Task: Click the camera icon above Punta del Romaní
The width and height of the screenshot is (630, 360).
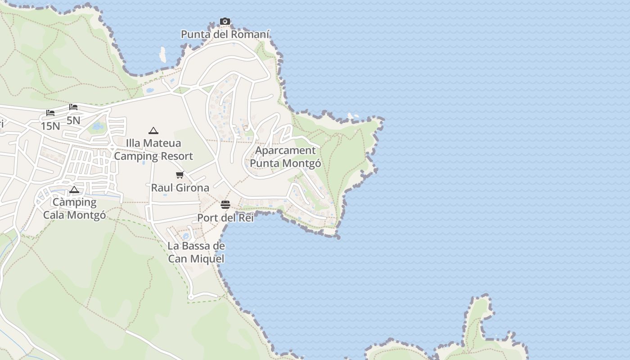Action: tap(225, 21)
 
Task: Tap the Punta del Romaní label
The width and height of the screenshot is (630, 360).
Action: tap(225, 34)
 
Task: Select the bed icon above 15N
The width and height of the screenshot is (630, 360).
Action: tap(50, 113)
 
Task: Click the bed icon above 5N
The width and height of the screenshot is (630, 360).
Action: tap(73, 107)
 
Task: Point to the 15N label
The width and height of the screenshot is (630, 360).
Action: tap(50, 126)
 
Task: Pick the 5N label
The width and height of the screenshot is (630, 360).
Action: tap(73, 120)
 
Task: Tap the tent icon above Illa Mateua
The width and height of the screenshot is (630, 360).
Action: tap(153, 130)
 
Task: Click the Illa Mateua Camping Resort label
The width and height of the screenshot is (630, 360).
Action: tap(153, 150)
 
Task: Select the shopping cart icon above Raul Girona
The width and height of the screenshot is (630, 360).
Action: tap(180, 175)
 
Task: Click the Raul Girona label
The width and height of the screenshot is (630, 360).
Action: tap(180, 188)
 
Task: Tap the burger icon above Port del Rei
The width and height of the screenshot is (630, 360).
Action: tap(225, 205)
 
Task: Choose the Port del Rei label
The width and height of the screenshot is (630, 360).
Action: tap(225, 218)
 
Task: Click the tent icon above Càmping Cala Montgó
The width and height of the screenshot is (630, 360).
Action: tap(74, 189)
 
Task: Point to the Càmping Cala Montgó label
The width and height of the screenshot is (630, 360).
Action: tap(75, 209)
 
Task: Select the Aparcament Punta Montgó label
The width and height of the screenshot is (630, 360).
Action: tap(286, 157)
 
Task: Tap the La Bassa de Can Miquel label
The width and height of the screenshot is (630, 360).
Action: tap(196, 252)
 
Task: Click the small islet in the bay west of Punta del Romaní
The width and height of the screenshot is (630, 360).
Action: tap(162, 55)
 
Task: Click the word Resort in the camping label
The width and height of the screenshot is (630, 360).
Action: tap(173, 156)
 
